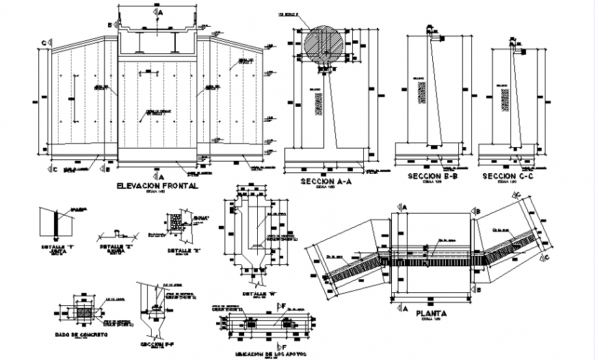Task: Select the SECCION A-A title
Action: pyautogui.click(x=328, y=181)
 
